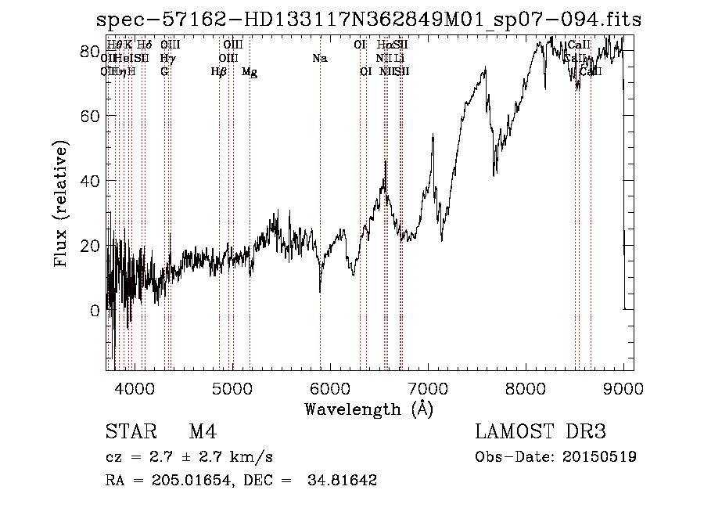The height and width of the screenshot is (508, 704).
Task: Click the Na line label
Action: click(319, 59)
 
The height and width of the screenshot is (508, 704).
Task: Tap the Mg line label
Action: click(250, 72)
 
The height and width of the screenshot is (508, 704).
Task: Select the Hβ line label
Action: click(219, 72)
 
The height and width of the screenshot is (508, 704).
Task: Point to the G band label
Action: click(164, 72)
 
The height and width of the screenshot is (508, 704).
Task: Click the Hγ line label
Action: click(167, 59)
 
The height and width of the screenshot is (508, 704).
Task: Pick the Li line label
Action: click(399, 59)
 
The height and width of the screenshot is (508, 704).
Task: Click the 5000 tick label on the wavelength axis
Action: click(232, 387)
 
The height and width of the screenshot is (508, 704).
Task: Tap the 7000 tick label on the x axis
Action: click(429, 387)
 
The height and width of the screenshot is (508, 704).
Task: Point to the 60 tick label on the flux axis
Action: click(91, 116)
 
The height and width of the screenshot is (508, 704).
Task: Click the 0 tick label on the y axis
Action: click(95, 311)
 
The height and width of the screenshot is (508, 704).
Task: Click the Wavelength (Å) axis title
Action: click(368, 409)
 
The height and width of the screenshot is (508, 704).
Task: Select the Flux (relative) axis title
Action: click(62, 204)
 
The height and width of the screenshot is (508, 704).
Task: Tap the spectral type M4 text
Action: click(203, 433)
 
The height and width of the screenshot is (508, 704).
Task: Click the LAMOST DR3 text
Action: click(540, 433)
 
